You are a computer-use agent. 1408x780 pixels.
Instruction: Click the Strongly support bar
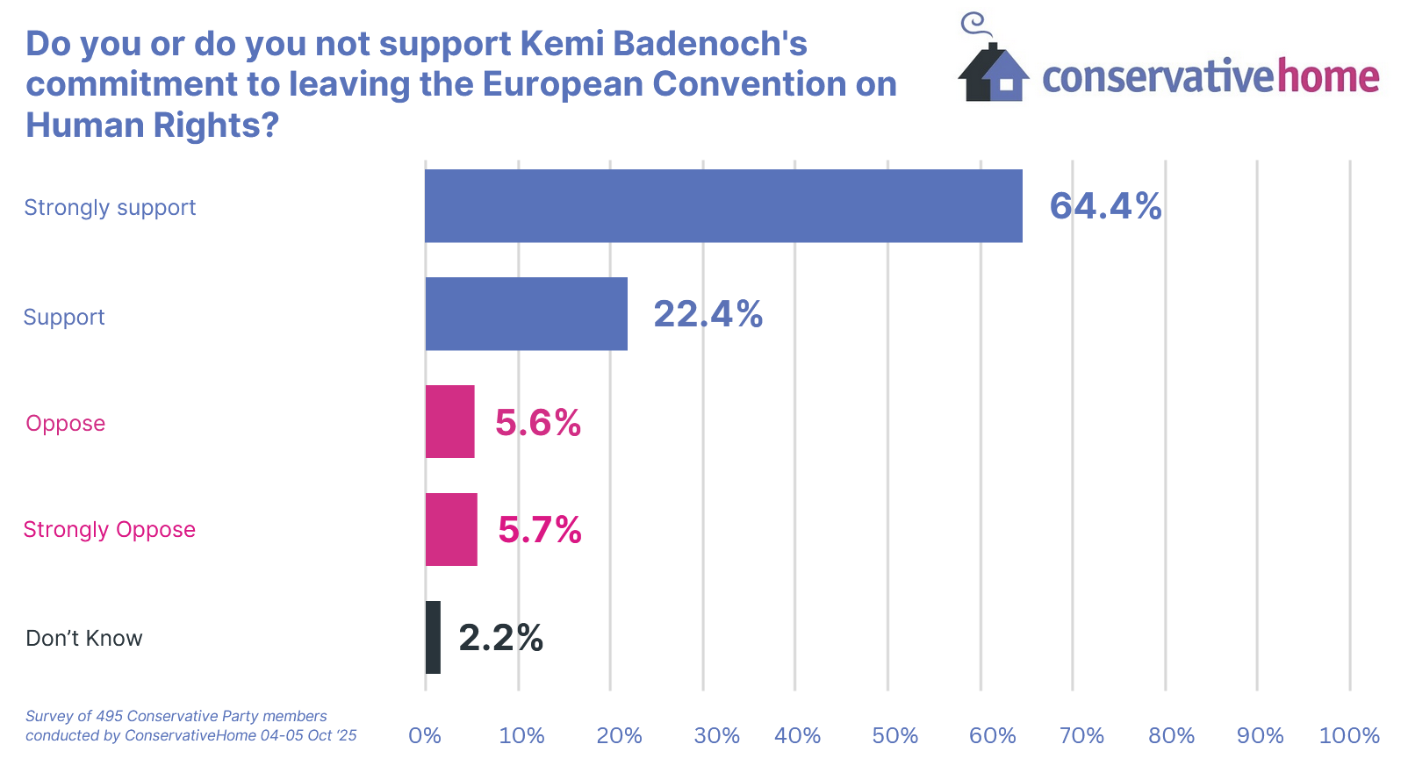click(723, 206)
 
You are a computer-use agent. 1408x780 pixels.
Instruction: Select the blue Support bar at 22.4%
click(527, 314)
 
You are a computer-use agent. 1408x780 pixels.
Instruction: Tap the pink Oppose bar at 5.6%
click(450, 422)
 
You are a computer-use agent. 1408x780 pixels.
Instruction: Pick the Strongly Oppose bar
click(451, 530)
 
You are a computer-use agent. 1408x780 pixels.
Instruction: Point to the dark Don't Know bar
click(433, 638)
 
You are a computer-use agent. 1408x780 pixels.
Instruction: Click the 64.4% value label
click(1105, 206)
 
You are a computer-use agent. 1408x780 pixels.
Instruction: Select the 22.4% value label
click(708, 314)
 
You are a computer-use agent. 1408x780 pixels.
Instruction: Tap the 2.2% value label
click(500, 638)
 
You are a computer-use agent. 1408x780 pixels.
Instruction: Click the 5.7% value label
click(539, 530)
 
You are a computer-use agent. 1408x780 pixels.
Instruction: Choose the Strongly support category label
click(110, 208)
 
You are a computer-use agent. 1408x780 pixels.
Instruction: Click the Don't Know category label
click(84, 639)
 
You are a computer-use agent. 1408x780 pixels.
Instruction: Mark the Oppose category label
click(66, 424)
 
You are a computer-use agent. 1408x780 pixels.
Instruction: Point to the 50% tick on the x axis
click(894, 735)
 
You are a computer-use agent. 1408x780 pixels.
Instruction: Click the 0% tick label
click(425, 735)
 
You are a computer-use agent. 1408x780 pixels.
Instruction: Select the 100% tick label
click(1349, 735)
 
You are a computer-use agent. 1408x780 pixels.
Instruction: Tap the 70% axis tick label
click(1081, 735)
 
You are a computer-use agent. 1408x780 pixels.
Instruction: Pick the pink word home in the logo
click(1328, 76)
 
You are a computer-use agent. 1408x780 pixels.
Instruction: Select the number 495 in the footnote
click(110, 716)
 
